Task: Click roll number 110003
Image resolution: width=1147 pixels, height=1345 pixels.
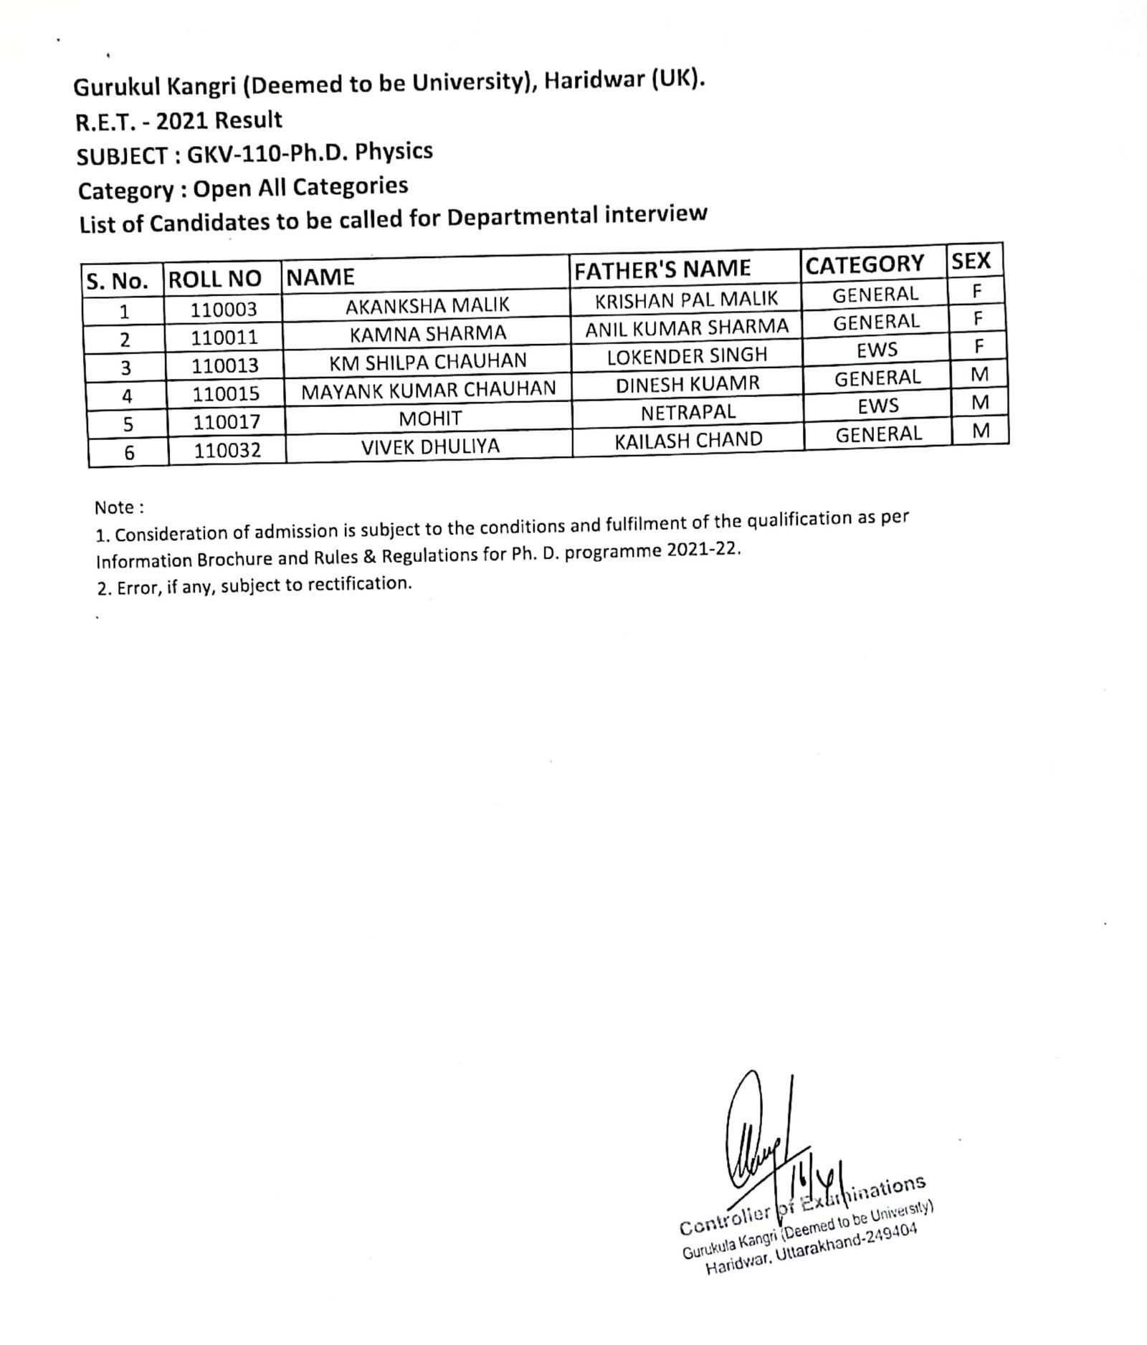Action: tap(224, 310)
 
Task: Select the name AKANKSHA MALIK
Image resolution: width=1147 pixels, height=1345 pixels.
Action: tap(427, 305)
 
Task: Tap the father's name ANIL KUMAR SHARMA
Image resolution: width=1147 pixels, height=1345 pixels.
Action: tap(687, 327)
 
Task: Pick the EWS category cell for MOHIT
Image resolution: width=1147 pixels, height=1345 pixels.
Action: tap(878, 406)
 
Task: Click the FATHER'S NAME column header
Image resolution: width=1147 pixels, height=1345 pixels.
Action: tap(662, 269)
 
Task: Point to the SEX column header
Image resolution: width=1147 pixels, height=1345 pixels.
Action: tap(971, 261)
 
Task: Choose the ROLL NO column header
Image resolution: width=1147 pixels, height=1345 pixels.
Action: tap(214, 278)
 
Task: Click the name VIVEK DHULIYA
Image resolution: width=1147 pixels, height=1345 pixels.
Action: tap(430, 447)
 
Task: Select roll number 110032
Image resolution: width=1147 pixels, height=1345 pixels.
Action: tap(227, 450)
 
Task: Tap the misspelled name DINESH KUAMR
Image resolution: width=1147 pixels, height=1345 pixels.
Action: tap(687, 384)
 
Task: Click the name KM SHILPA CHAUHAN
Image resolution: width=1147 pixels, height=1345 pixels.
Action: tap(428, 361)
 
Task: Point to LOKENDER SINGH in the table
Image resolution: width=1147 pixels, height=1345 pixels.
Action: tap(687, 355)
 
